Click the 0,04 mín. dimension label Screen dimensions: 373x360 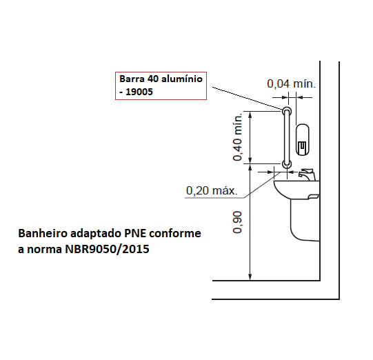pyautogui.click(x=291, y=83)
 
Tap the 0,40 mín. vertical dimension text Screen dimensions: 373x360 pyautogui.click(x=237, y=137)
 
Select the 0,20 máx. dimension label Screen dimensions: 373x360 pyautogui.click(x=212, y=190)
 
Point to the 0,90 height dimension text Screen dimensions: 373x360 pyautogui.click(x=237, y=222)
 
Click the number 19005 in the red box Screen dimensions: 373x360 pyautogui.click(x=139, y=92)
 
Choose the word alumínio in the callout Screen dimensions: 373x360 pyautogui.click(x=182, y=79)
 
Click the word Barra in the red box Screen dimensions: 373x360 pyautogui.click(x=132, y=79)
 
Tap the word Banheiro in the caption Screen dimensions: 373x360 pyautogui.click(x=43, y=233)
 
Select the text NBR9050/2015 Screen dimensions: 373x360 pyautogui.click(x=107, y=249)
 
